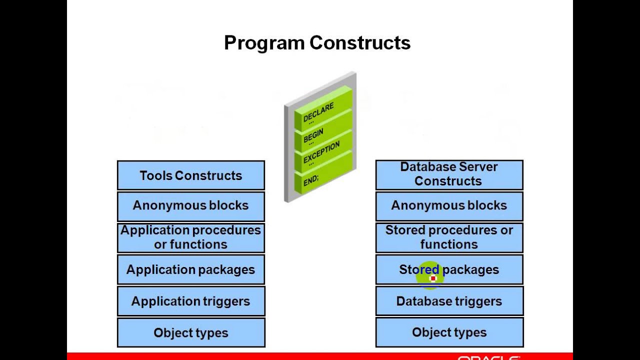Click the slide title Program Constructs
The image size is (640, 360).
(x=317, y=43)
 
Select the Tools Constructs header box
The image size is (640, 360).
(x=190, y=175)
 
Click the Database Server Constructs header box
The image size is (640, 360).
(x=448, y=174)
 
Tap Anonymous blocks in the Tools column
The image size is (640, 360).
(x=190, y=205)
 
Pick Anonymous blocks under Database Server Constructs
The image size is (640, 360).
(x=448, y=205)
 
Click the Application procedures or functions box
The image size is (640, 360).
(x=190, y=237)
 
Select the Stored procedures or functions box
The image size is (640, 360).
(x=448, y=237)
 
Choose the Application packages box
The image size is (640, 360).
(x=190, y=269)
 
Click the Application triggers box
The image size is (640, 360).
(x=190, y=301)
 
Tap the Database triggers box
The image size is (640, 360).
(x=448, y=301)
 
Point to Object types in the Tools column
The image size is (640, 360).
(x=190, y=333)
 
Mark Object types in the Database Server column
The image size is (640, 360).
(x=448, y=332)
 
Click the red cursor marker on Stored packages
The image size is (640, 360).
(x=433, y=278)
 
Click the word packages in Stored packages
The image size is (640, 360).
(x=471, y=270)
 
